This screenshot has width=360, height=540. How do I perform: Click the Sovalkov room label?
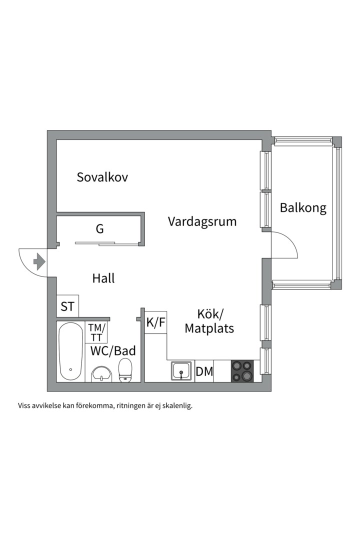tap(102, 177)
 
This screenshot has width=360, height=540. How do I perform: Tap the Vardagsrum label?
tap(202, 221)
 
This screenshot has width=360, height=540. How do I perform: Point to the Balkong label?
tap(303, 207)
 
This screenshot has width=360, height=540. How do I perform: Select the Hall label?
tap(103, 278)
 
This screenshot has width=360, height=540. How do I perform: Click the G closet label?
tap(99, 228)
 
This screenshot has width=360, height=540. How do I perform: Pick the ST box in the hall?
tap(67, 306)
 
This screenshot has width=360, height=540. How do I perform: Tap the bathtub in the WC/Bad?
tap(70, 351)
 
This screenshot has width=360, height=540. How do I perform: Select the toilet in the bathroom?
tap(125, 370)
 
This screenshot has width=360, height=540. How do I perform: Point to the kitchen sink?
tap(181, 371)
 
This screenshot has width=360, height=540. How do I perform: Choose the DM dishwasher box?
tap(204, 371)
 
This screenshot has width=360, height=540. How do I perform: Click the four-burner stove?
tap(242, 371)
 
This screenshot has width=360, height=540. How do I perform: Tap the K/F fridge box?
tap(155, 322)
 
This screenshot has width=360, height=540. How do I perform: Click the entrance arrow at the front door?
tap(39, 261)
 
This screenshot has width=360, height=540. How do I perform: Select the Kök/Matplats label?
tap(209, 321)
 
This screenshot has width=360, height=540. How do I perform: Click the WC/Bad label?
tap(113, 350)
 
